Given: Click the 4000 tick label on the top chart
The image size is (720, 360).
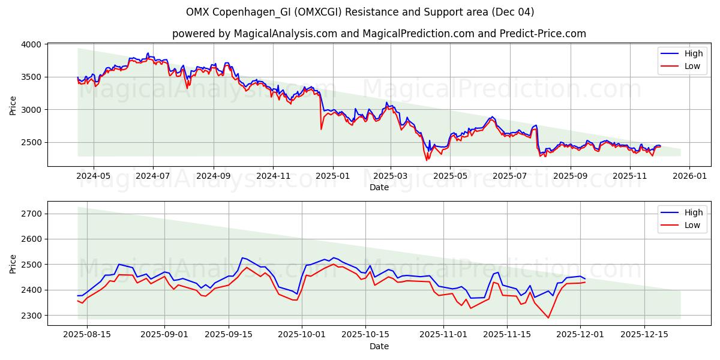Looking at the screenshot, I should coord(30,44).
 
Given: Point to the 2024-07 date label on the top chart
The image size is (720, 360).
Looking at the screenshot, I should coord(152,176).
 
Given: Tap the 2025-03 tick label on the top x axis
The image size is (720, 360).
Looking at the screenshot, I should coord(391,176).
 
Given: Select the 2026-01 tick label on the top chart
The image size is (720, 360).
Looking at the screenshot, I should coord(689,176).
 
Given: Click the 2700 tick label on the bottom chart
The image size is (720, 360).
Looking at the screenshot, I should coord(30,214).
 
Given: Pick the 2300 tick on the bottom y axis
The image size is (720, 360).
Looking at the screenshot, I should coord(30,316).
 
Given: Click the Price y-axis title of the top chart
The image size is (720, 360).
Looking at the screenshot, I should coord(13,106).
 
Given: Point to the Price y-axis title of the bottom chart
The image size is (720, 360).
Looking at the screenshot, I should coord(13,263).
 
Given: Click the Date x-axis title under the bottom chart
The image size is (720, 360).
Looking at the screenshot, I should coord(379,346).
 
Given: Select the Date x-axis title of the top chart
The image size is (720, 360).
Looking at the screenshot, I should coord(379,187).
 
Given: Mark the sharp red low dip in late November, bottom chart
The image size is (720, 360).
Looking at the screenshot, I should coord(548,317).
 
